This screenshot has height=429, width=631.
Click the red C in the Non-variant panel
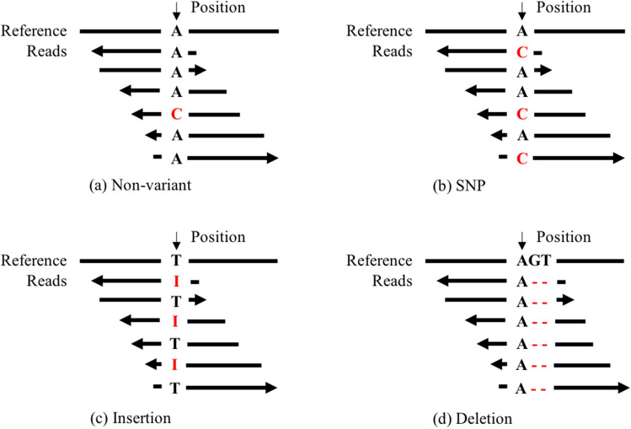[x=177, y=114]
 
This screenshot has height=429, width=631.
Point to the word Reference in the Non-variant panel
[x=34, y=32]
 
